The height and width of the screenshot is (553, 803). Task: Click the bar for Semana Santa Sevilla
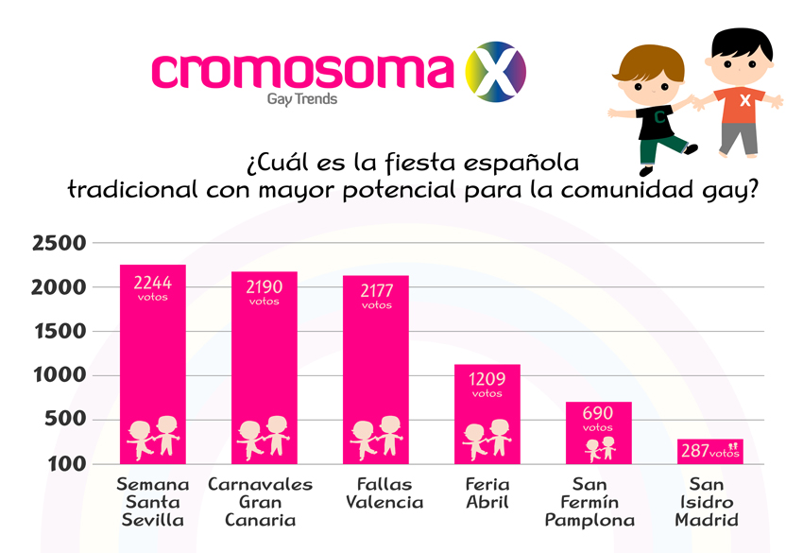[x=153, y=364]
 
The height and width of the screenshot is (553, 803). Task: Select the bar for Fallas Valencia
[x=376, y=378]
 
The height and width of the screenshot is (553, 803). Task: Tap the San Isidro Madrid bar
[x=709, y=452]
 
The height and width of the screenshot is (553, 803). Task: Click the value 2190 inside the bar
[x=265, y=285]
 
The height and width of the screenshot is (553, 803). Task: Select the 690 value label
[x=598, y=414]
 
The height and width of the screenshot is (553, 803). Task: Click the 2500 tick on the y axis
[x=60, y=243]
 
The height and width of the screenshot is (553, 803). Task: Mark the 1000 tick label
[x=60, y=375]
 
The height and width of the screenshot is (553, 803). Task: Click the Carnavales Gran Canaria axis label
[x=260, y=502]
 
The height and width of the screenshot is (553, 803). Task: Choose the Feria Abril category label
[x=487, y=493]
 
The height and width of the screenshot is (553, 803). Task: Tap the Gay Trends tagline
[x=302, y=98]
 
